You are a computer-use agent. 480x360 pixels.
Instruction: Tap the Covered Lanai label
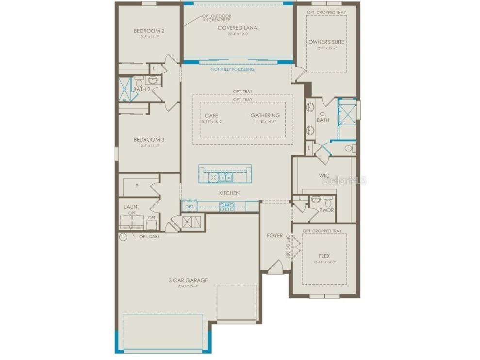(238, 28)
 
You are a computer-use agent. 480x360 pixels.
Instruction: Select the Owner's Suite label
(326, 42)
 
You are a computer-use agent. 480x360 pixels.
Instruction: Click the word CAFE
(211, 115)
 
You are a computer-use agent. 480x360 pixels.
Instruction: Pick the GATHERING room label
(265, 115)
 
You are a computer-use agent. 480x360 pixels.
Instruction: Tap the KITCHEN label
(229, 193)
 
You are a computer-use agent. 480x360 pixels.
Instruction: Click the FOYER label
(275, 236)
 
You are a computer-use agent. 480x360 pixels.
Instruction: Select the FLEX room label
(324, 256)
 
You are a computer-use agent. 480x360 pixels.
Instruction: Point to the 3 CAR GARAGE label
(188, 280)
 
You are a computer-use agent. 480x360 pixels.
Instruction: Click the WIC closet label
(324, 175)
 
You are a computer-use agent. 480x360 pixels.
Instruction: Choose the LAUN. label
(131, 207)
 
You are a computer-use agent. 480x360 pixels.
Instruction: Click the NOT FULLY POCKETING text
(232, 69)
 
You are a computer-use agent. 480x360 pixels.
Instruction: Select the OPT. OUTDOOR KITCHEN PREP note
(216, 18)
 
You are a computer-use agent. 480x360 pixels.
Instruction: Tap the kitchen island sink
(225, 178)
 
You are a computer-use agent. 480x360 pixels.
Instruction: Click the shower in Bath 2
(125, 89)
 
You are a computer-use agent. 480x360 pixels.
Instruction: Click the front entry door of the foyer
(275, 266)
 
